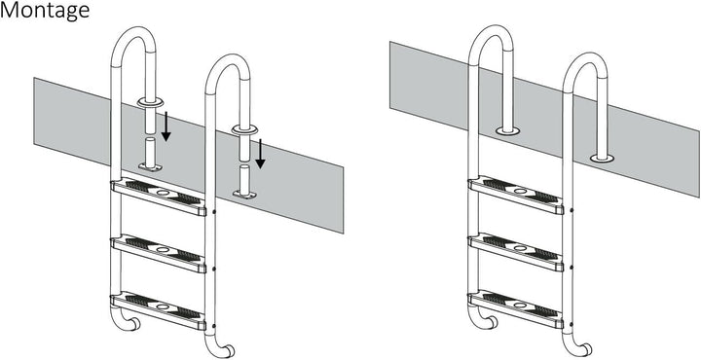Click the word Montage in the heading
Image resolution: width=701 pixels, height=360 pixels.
click(x=46, y=12)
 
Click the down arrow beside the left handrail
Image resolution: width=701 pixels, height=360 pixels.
click(x=166, y=126)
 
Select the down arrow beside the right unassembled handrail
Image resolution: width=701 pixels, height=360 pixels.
click(x=260, y=152)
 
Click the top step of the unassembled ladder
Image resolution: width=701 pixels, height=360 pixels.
click(x=161, y=196)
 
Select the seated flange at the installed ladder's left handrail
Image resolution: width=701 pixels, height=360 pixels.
click(x=509, y=128)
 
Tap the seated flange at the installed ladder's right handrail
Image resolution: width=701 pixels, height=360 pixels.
click(x=603, y=155)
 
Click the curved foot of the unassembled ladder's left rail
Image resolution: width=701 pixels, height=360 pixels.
click(x=132, y=322)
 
